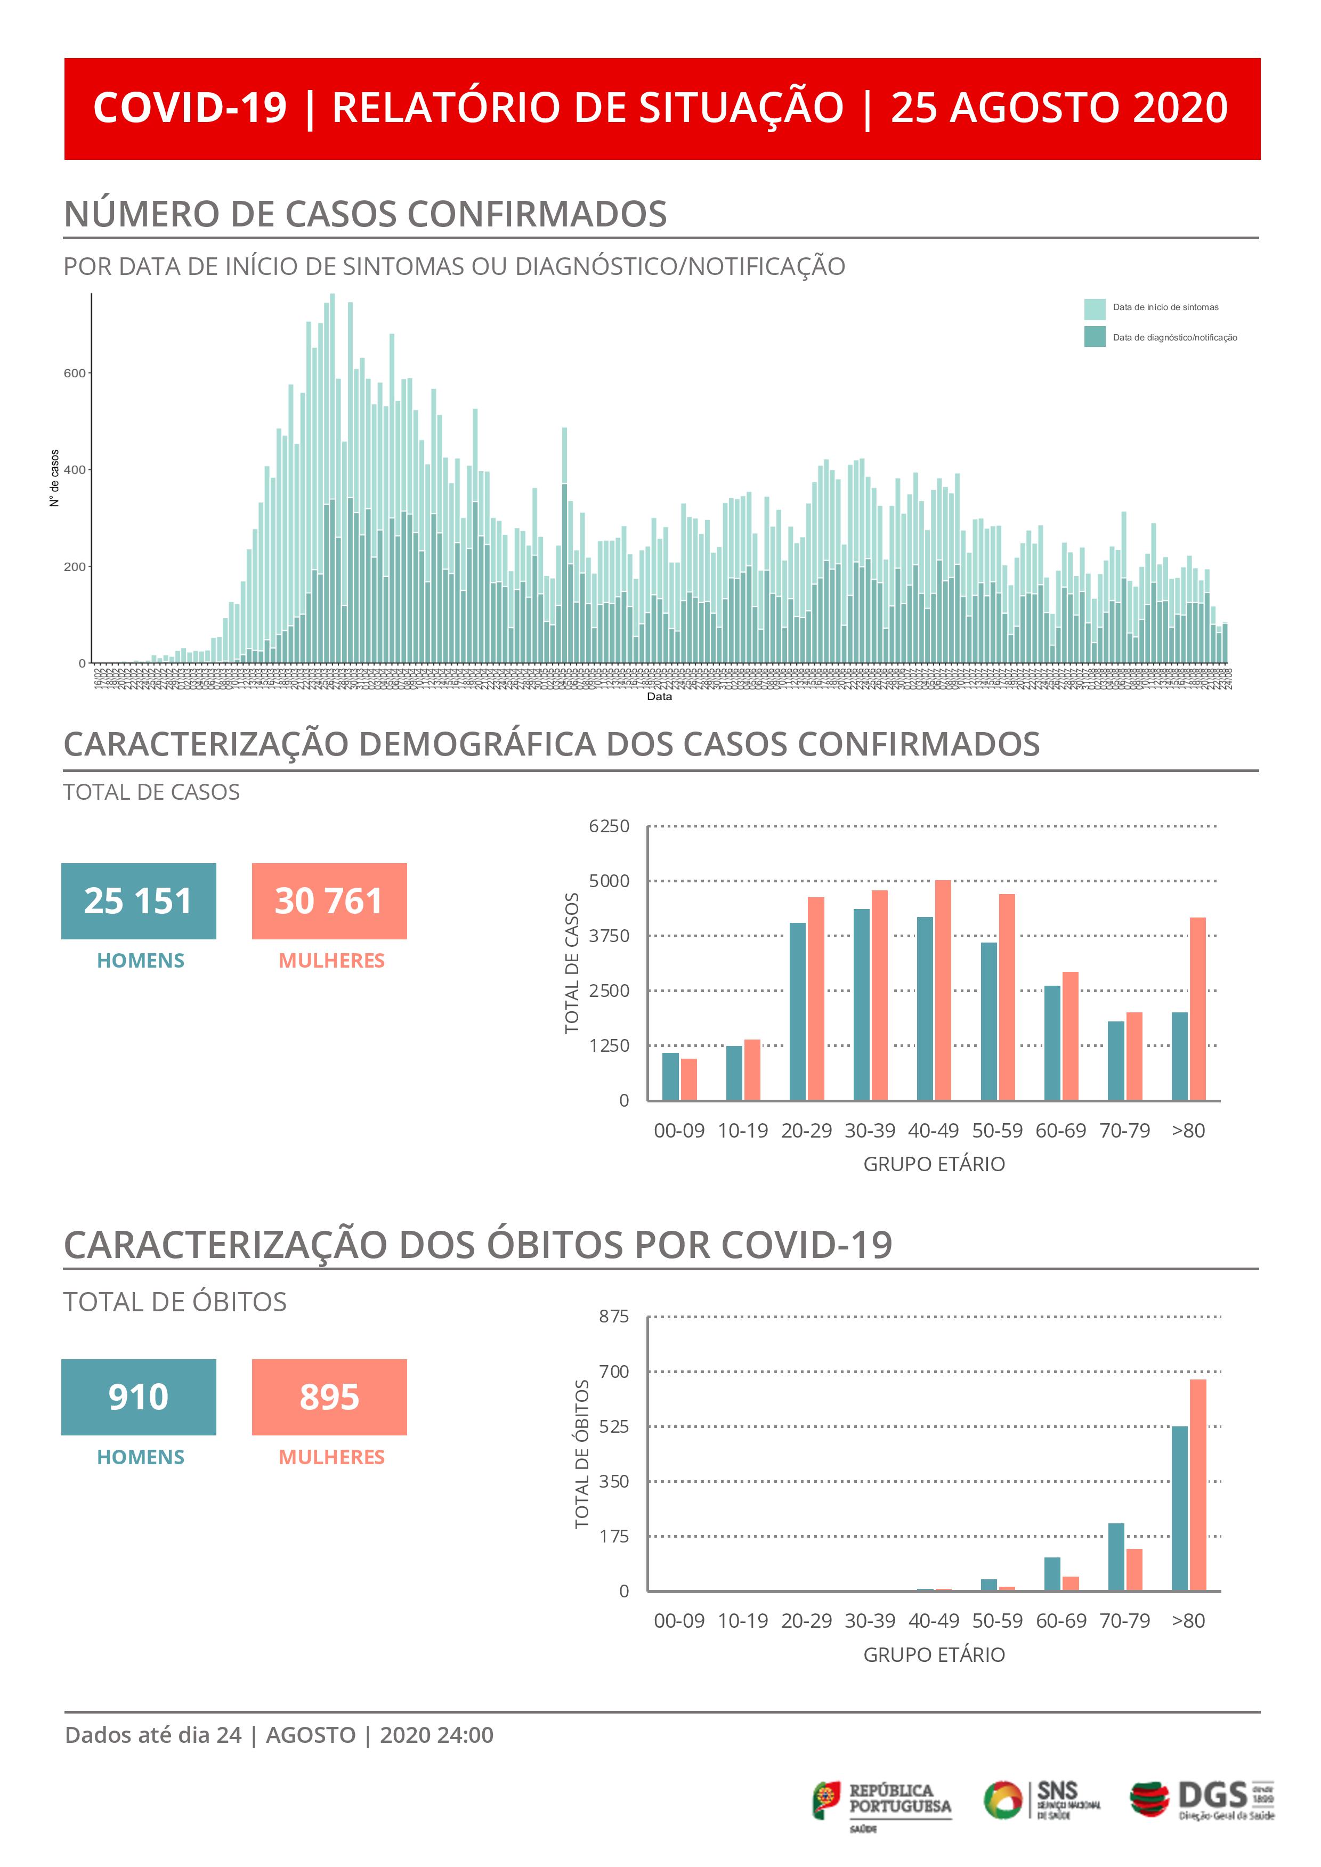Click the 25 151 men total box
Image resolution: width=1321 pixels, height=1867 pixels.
pos(139,901)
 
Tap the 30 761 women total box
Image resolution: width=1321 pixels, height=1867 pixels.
pos(329,901)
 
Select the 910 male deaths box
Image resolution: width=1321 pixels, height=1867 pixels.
pos(139,1397)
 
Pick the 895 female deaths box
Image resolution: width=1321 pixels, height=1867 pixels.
pos(329,1397)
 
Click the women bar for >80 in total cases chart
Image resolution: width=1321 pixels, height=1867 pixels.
pos(1197,1008)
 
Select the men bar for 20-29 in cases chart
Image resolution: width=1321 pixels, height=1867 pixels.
pos(797,1011)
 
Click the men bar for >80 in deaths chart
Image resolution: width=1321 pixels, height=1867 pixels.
pos(1179,1507)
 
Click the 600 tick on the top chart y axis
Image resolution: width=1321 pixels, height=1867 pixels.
pos(74,373)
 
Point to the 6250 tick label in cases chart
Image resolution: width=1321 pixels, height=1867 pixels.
pos(609,826)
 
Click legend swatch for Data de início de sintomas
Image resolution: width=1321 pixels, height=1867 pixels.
pos(1094,309)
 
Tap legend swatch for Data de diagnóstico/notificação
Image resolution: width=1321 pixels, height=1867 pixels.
pos(1094,337)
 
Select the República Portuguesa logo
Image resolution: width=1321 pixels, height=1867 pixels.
pos(882,1800)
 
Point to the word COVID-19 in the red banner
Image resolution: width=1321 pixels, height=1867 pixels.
pos(190,108)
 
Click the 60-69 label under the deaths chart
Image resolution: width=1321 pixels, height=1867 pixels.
pos(1061,1621)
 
